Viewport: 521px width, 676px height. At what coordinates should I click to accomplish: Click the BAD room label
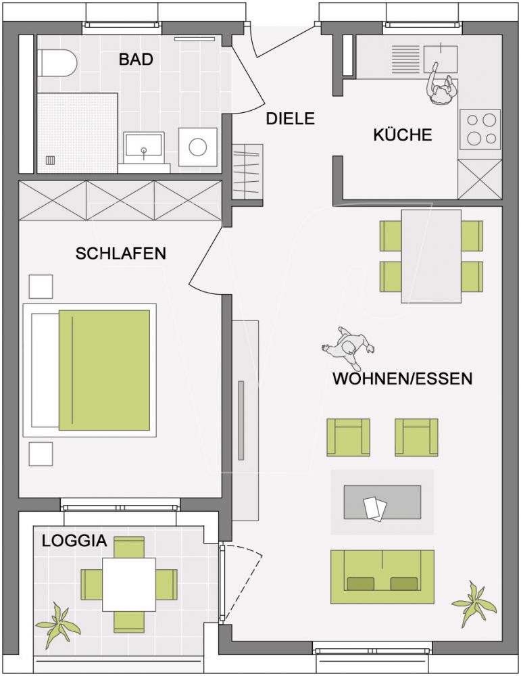(x=136, y=59)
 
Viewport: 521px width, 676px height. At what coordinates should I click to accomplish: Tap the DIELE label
(x=291, y=118)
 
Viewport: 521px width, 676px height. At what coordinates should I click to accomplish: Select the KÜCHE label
(x=402, y=135)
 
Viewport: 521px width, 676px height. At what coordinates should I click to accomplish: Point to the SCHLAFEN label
(x=121, y=254)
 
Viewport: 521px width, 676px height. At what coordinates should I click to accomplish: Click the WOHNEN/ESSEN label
(x=402, y=379)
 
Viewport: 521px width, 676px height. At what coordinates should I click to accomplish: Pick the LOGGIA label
(x=74, y=541)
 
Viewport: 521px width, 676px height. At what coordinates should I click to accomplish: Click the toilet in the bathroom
(x=57, y=64)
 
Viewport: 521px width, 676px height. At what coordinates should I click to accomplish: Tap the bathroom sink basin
(x=143, y=147)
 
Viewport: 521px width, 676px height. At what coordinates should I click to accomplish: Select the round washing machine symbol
(x=198, y=147)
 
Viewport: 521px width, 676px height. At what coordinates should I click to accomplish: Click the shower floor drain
(x=50, y=160)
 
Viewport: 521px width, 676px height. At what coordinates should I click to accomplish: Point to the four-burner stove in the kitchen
(x=480, y=129)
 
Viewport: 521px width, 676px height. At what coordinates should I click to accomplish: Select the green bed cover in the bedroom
(x=104, y=370)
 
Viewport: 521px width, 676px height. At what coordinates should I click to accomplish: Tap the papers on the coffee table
(x=374, y=508)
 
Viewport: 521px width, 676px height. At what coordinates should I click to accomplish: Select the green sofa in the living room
(x=382, y=576)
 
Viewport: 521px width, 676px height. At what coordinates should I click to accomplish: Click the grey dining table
(x=431, y=256)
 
